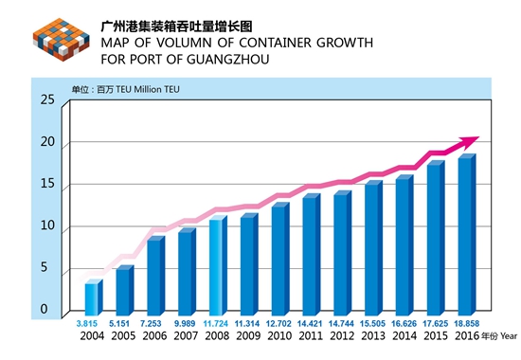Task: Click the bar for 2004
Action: click(x=94, y=297)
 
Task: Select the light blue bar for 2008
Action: click(x=218, y=265)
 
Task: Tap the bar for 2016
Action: click(x=467, y=235)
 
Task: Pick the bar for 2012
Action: click(x=343, y=253)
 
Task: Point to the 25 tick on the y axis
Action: click(x=47, y=99)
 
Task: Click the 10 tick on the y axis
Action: click(x=47, y=225)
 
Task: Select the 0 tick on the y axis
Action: click(x=44, y=309)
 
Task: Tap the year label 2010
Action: click(x=279, y=335)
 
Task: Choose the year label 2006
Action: click(x=154, y=335)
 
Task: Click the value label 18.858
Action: click(x=467, y=323)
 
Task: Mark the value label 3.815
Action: click(x=87, y=323)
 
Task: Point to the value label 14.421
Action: click(x=310, y=323)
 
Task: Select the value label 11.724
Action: click(x=216, y=323)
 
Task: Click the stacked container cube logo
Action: click(x=62, y=40)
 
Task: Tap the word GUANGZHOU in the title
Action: click(x=228, y=60)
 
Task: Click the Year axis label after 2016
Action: click(x=509, y=336)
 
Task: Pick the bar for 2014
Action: click(x=404, y=245)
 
